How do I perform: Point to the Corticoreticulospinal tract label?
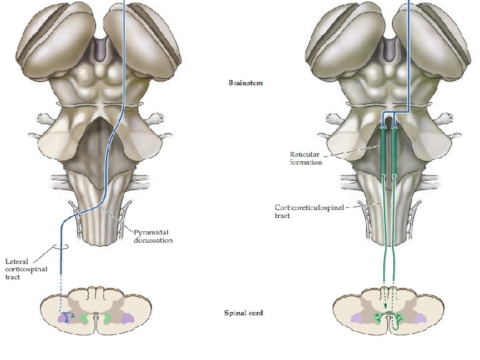tap(309, 211)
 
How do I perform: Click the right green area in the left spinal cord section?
tap(107, 319)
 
